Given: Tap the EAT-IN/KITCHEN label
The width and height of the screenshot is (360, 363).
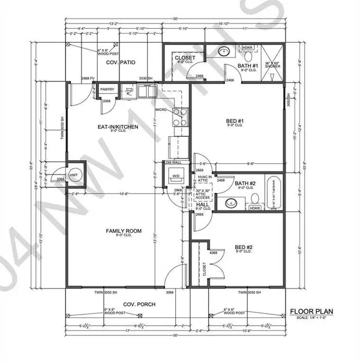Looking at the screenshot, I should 119,127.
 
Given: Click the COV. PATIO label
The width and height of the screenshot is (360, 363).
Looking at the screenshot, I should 120,62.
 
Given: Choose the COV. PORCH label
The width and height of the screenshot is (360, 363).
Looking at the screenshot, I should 139,304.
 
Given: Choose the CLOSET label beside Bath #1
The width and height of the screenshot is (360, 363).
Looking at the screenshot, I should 182,58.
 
